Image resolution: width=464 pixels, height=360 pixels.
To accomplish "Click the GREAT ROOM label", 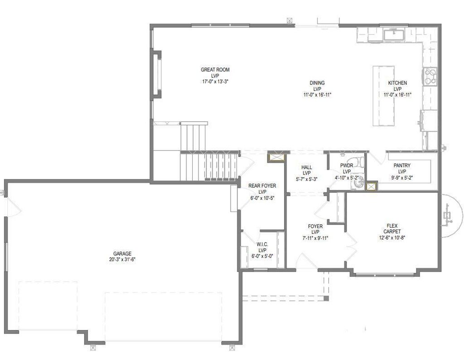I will coord(215,70).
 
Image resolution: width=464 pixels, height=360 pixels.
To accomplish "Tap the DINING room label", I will coord(317,83).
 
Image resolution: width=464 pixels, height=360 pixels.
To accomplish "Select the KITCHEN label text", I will coord(397,83).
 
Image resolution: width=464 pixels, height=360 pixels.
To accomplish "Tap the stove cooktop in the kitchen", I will coord(430,77).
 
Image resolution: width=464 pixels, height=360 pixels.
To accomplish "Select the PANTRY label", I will coord(402,166).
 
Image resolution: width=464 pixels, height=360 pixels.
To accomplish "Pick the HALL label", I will coord(307,168).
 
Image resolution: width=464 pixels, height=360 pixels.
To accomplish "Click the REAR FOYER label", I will coord(262,186).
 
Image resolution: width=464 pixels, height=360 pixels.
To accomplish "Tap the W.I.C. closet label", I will coord(262,244).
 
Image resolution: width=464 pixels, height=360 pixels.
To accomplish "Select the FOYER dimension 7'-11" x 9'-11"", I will coord(315,238).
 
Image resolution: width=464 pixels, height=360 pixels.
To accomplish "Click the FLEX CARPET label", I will coord(392,229).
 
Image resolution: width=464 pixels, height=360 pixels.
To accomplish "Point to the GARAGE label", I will coord(122,253).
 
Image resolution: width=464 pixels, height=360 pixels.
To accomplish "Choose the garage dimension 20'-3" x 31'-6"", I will coord(122,259).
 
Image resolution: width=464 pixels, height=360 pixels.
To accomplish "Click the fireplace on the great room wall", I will coord(157,74).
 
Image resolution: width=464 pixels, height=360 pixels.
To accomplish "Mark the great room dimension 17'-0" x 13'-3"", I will coord(215,82).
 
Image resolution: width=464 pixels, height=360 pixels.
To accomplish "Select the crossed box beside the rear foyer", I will coord(276,157).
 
